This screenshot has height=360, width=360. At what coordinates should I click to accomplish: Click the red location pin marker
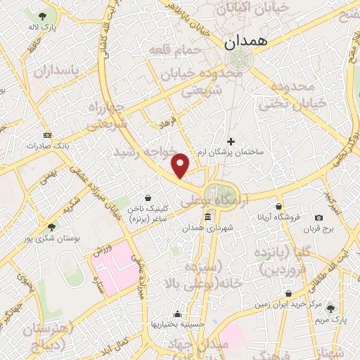pyautogui.click(x=181, y=165)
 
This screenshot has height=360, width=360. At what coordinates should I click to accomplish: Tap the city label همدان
pyautogui.click(x=247, y=42)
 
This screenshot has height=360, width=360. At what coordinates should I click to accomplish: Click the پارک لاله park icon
pyautogui.click(x=44, y=15)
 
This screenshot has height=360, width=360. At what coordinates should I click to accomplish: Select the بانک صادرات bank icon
pyautogui.click(x=47, y=134)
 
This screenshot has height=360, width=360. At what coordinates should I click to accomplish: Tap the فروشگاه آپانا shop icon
pyautogui.click(x=279, y=206)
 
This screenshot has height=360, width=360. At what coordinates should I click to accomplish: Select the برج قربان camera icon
pyautogui.click(x=319, y=218)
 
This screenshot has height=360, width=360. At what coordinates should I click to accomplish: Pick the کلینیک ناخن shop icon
pyautogui.click(x=148, y=198)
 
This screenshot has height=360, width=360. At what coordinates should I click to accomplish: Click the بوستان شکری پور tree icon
pyautogui.click(x=52, y=226)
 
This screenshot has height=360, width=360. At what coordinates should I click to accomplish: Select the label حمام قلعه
pyautogui.click(x=175, y=51)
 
